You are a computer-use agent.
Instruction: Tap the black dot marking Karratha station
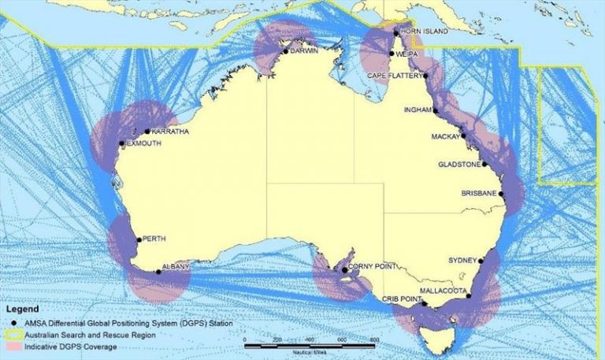pos(147,132)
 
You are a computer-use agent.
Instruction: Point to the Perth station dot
pos(138,239)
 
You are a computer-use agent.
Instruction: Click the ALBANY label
pos(176,266)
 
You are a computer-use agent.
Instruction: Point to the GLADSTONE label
pos(459,165)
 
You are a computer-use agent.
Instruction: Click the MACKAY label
pos(445,137)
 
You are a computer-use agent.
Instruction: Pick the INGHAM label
pos(417,109)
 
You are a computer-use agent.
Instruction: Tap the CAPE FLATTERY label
pos(396,76)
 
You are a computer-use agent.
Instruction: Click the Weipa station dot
pos(392,54)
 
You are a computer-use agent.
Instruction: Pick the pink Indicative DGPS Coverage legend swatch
pos(13,346)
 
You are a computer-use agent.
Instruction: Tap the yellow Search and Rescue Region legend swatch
pos(13,335)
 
